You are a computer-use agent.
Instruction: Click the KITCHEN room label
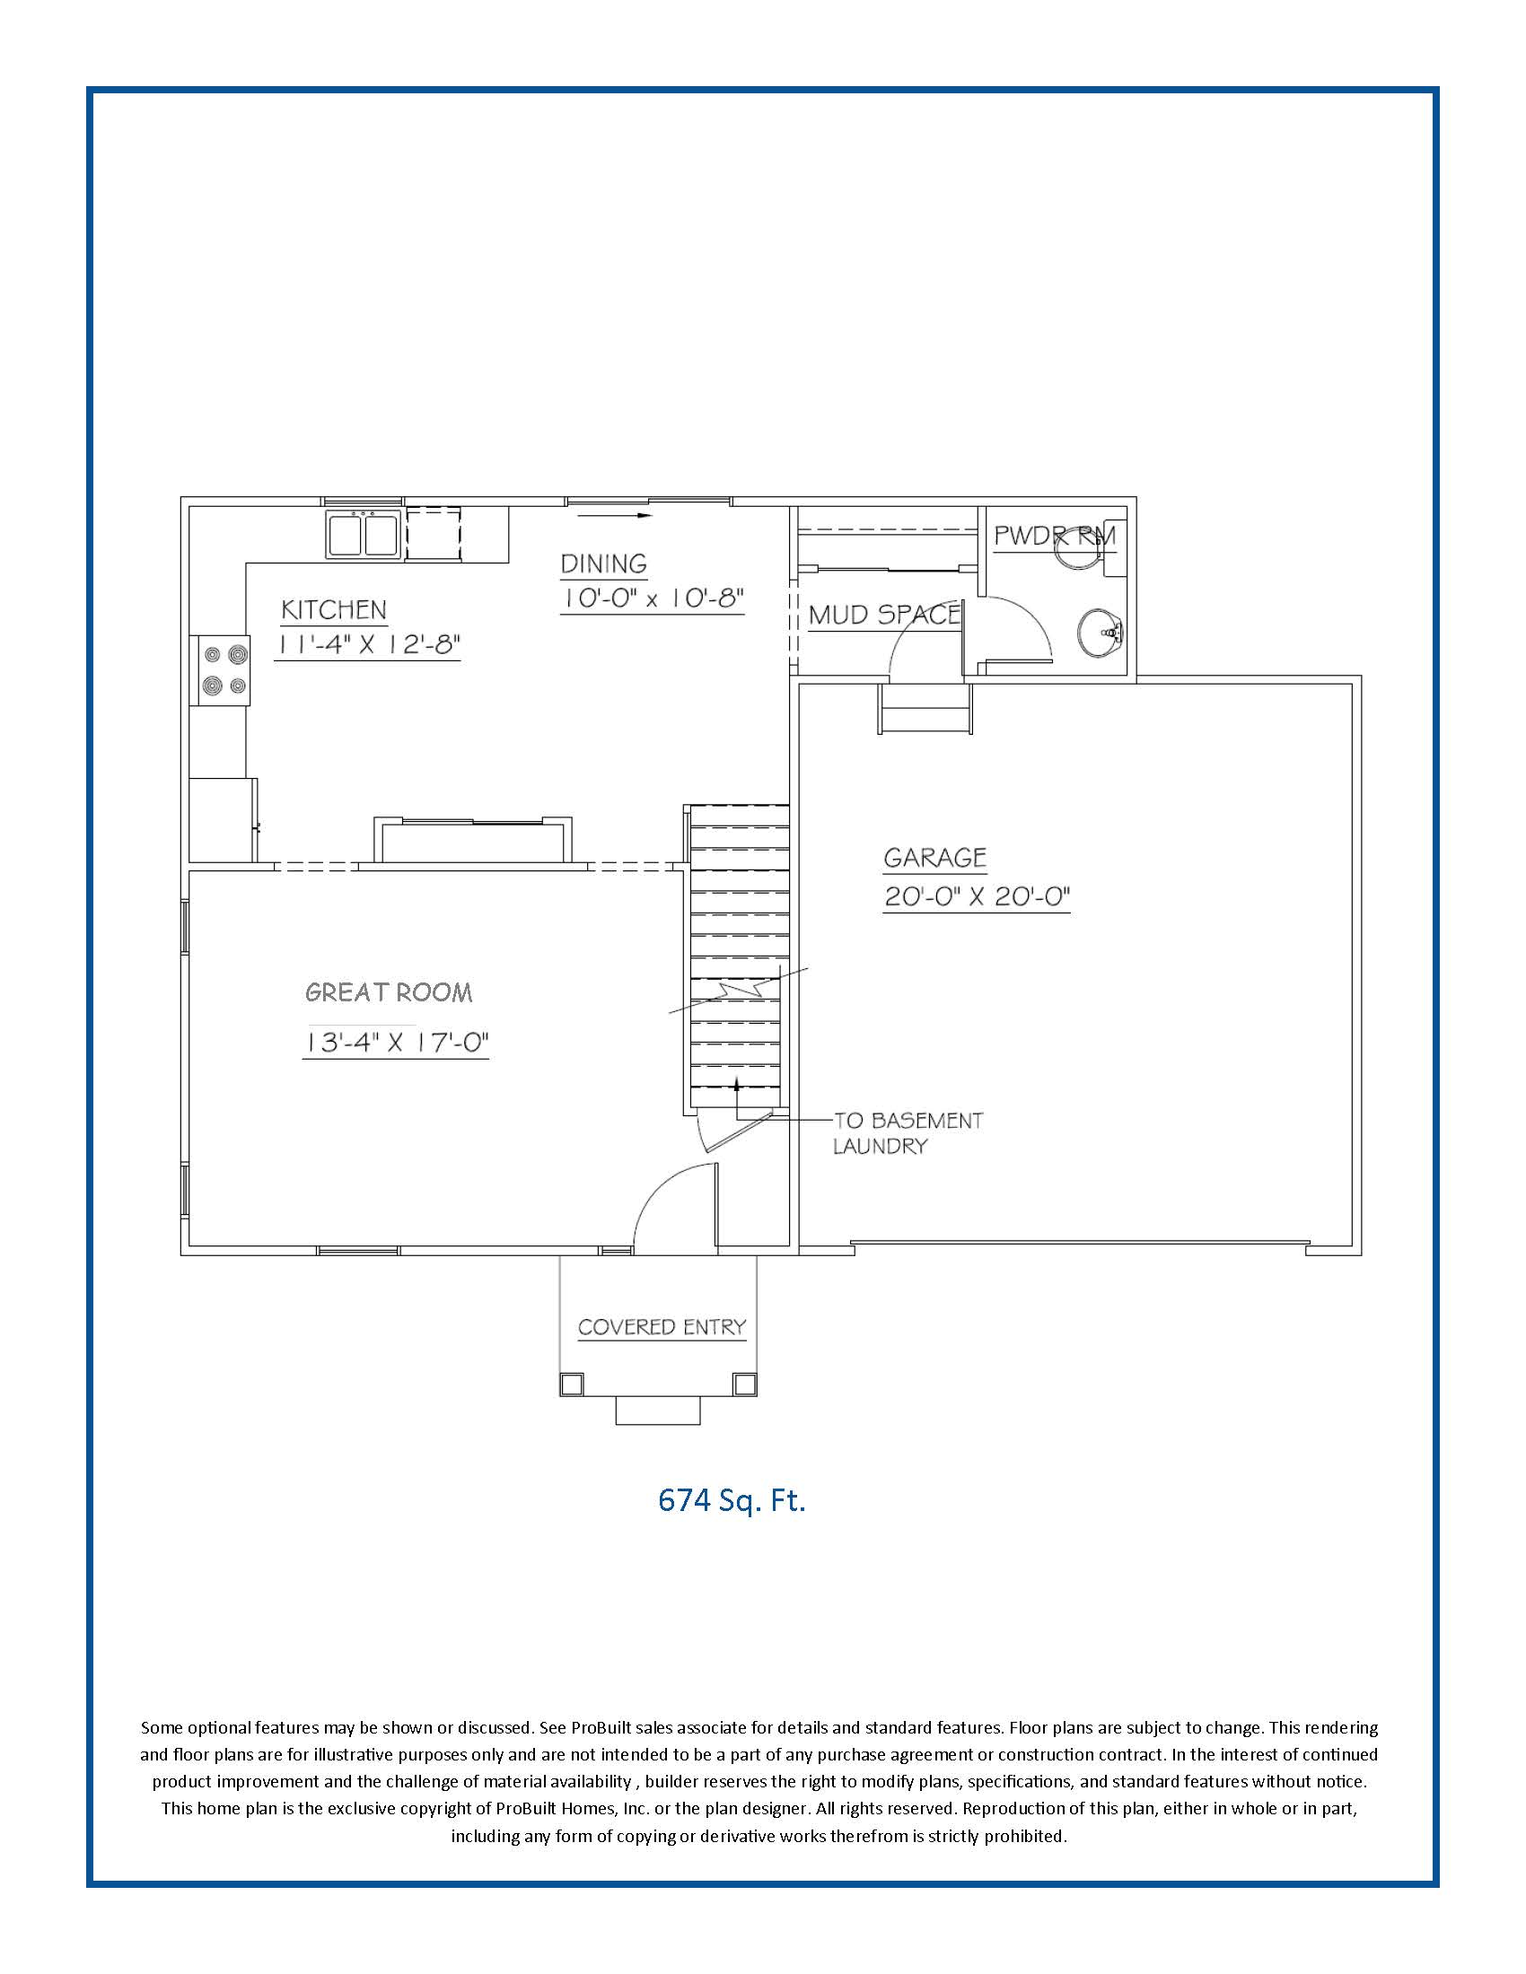[x=334, y=610]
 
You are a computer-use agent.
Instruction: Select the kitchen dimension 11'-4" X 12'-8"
[x=368, y=644]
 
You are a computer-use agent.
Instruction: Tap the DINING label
[x=604, y=564]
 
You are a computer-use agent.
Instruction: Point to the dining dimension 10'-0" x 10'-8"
[x=652, y=598]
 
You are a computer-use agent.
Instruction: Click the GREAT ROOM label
[x=389, y=992]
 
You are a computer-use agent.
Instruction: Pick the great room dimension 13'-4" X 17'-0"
[x=395, y=1043]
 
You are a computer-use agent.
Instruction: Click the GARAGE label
[x=934, y=858]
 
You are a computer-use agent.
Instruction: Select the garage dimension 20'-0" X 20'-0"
[x=977, y=896]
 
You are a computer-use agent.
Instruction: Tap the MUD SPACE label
[x=883, y=616]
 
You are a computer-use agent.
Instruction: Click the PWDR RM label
[x=1054, y=536]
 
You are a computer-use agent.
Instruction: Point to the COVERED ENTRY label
[x=662, y=1327]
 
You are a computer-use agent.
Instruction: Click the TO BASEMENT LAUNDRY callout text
[x=906, y=1133]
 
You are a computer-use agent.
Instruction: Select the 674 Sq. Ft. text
[x=732, y=1500]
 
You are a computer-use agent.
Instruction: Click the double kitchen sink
[x=364, y=534]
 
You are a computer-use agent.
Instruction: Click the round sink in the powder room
[x=1100, y=632]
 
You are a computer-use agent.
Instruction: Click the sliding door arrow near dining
[x=614, y=516]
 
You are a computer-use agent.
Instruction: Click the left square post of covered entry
[x=571, y=1384]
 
